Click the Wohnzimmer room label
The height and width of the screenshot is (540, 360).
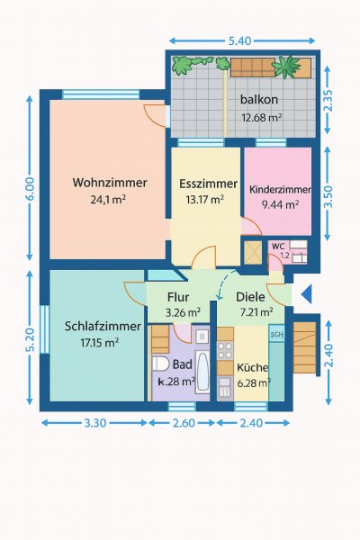click(x=110, y=183)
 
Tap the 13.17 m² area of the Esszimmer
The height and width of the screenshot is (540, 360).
click(x=205, y=199)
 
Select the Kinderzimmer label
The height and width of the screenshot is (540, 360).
click(x=280, y=190)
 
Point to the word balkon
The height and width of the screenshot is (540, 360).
click(x=259, y=100)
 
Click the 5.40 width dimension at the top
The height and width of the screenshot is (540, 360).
click(x=239, y=41)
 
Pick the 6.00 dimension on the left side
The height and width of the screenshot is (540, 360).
click(x=30, y=188)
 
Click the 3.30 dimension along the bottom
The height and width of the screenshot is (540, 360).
click(x=95, y=423)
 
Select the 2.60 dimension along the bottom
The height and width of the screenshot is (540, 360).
click(x=184, y=423)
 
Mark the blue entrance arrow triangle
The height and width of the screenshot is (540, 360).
click(x=306, y=294)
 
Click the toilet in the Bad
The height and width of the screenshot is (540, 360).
click(x=160, y=364)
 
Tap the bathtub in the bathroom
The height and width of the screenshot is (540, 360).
click(x=202, y=372)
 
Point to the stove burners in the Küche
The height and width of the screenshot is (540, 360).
click(x=225, y=350)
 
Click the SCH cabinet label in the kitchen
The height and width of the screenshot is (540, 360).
click(x=276, y=334)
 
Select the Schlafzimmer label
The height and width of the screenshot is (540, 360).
click(x=103, y=326)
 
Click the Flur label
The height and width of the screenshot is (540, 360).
click(x=178, y=297)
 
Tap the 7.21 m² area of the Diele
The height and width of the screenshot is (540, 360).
click(x=256, y=312)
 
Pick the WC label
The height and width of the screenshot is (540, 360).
click(x=278, y=247)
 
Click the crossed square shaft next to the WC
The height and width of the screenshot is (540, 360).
click(x=253, y=253)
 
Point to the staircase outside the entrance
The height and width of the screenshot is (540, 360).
click(x=304, y=347)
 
